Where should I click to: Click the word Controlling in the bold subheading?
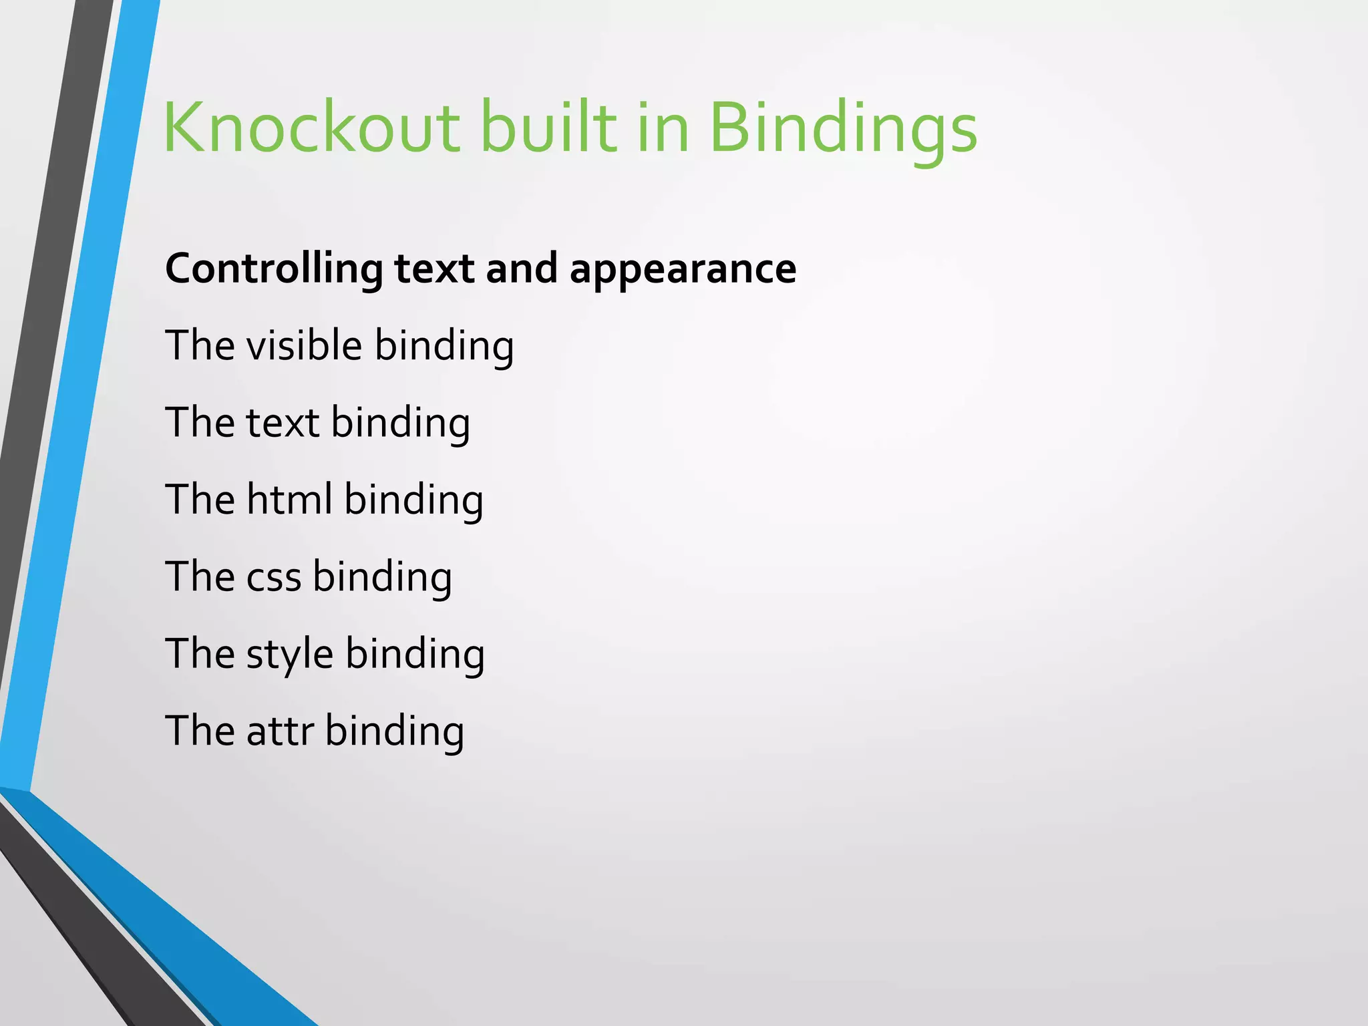coord(274,269)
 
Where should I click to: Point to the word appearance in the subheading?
coord(683,269)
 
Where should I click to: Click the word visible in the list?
coord(304,345)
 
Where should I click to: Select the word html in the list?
coord(289,499)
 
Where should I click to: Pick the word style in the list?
coord(289,653)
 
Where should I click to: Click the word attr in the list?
coord(280,730)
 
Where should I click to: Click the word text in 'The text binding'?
coord(283,422)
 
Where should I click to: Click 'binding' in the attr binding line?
coord(395,730)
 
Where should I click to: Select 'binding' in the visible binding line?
coord(444,345)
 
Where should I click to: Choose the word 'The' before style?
coord(199,653)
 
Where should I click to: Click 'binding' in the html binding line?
coord(413,499)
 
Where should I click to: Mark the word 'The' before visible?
coord(199,345)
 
